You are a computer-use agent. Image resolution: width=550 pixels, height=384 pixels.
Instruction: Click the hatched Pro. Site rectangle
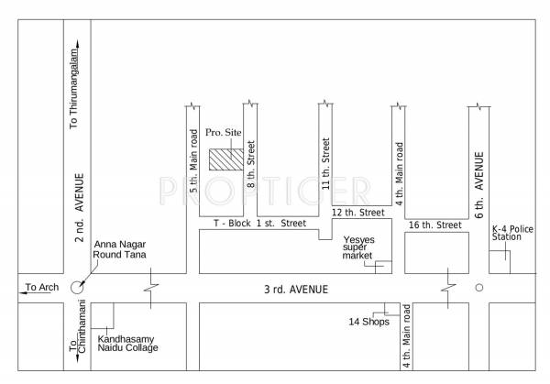click(x=225, y=158)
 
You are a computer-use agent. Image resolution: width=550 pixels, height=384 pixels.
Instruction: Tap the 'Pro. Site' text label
click(x=223, y=133)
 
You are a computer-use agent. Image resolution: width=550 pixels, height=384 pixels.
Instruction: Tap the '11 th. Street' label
click(x=324, y=162)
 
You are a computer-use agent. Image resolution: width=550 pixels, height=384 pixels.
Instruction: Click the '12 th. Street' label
click(x=357, y=213)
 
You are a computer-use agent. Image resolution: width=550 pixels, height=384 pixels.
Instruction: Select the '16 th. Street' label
click(x=434, y=225)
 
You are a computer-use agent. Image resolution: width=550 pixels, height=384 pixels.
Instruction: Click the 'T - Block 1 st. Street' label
click(x=259, y=223)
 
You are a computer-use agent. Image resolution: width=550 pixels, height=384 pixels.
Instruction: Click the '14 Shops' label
click(x=368, y=322)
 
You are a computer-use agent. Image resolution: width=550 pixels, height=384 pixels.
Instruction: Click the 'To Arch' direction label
click(x=40, y=288)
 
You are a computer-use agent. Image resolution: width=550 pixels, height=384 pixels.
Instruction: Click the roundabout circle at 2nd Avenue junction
click(x=77, y=287)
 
